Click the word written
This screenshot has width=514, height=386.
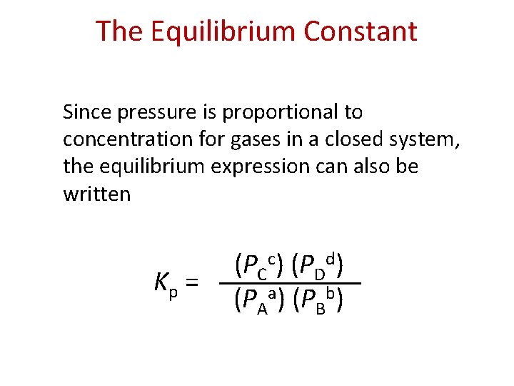[x=96, y=194]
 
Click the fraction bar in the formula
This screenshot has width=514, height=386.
[x=290, y=284]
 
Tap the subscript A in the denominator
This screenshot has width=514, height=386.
[x=263, y=308]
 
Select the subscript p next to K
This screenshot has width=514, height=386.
[x=173, y=290]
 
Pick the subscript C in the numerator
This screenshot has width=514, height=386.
[x=262, y=274]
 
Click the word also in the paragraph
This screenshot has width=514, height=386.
[x=372, y=167]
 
